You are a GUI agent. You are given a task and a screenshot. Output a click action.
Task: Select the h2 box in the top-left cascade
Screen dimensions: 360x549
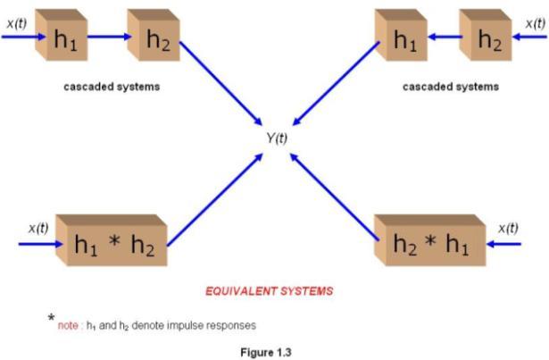[x=153, y=38]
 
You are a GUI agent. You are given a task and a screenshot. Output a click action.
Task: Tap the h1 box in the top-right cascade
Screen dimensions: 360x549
[x=401, y=38]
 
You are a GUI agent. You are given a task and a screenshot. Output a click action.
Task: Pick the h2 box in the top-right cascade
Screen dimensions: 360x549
[x=487, y=38]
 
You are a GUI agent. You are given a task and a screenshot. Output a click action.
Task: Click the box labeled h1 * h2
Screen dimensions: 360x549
[x=112, y=241]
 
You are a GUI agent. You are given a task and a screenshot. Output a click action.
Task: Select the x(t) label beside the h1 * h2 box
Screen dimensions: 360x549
[x=37, y=228]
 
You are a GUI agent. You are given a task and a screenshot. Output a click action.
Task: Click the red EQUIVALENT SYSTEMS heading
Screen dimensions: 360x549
[x=271, y=290]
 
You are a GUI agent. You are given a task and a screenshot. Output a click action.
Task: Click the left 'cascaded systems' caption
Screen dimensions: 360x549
[x=112, y=88]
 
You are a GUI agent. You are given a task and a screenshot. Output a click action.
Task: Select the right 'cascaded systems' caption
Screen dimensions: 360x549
[x=451, y=88]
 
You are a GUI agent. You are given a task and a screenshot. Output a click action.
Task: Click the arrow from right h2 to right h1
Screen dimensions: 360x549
[x=444, y=38]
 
